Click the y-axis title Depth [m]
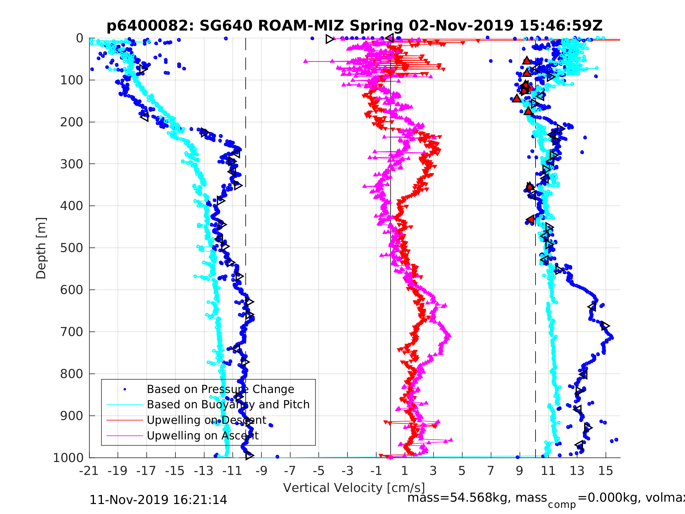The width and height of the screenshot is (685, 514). pyautogui.click(x=41, y=248)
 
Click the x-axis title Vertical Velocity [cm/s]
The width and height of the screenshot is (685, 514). pyautogui.click(x=354, y=488)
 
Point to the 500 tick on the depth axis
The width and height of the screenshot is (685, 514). pyautogui.click(x=72, y=248)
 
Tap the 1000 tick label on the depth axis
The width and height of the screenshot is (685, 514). pyautogui.click(x=68, y=458)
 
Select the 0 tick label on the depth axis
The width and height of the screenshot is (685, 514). pyautogui.click(x=80, y=38)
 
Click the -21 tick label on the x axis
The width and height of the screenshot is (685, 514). pyautogui.click(x=89, y=471)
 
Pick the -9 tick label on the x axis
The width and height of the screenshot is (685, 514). pyautogui.click(x=261, y=471)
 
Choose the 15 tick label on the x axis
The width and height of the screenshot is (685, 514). pyautogui.click(x=605, y=471)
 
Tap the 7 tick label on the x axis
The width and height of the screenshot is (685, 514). pyautogui.click(x=491, y=471)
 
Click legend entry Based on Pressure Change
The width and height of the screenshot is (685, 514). pyautogui.click(x=220, y=389)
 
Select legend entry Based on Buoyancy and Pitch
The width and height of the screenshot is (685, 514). pyautogui.click(x=228, y=405)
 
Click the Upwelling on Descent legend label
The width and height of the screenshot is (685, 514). pyautogui.click(x=206, y=420)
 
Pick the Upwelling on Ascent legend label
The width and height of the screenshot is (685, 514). pyautogui.click(x=203, y=436)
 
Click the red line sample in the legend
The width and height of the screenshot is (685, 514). pyautogui.click(x=124, y=420)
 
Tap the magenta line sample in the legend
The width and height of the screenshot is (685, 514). pyautogui.click(x=124, y=436)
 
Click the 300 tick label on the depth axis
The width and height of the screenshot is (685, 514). pyautogui.click(x=72, y=164)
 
